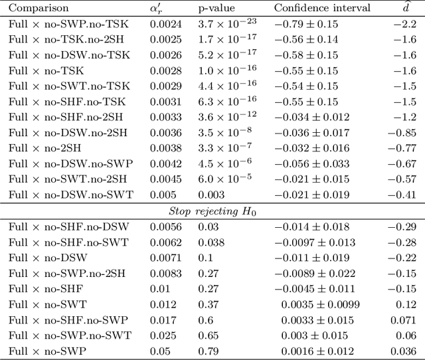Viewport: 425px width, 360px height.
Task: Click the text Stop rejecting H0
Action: [x=212, y=211]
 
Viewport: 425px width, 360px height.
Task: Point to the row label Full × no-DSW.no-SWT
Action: [x=71, y=195]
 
